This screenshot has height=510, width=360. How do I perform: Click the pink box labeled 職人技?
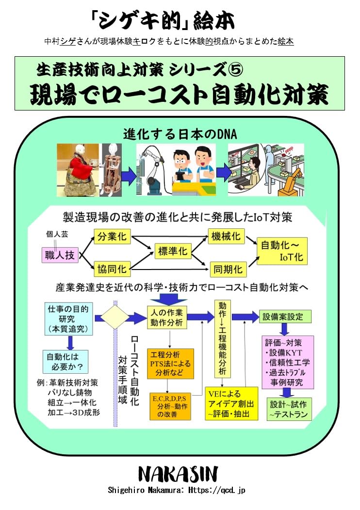tap(60, 255)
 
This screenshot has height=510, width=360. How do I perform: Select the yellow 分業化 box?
tap(112, 237)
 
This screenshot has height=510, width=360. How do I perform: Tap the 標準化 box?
tap(173, 251)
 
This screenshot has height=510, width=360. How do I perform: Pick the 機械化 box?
tap(226, 236)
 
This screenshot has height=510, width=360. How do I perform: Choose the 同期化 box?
tap(228, 269)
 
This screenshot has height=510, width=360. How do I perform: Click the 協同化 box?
tap(112, 269)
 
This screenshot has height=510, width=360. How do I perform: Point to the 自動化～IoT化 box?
tap(282, 251)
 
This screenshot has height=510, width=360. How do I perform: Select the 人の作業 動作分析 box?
tap(166, 318)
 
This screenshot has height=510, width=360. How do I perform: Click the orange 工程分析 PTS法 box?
tap(170, 364)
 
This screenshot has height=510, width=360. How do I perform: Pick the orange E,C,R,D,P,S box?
tap(170, 407)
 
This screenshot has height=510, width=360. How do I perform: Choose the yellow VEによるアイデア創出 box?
tap(231, 404)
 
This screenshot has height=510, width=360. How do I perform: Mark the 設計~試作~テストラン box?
tap(289, 409)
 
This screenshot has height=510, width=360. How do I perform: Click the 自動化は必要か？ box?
tap(65, 362)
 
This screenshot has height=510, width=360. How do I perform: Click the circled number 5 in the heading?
tap(235, 70)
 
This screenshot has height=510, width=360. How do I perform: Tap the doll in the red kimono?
tap(81, 171)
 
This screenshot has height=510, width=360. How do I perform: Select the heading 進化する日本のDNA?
tap(180, 134)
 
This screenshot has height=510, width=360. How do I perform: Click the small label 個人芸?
tap(57, 234)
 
